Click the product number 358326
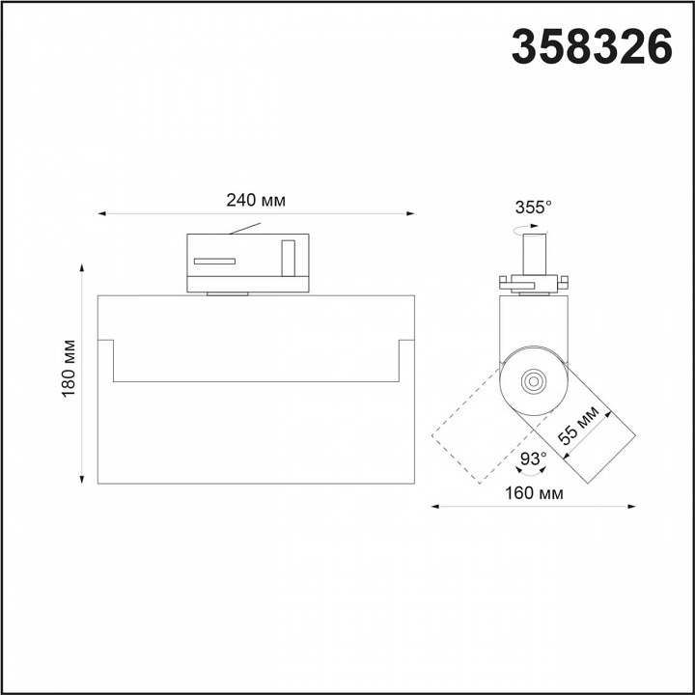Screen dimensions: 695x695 coord(592,46)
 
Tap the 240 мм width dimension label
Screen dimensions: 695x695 coord(256,201)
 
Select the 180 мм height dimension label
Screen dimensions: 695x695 coord(69,369)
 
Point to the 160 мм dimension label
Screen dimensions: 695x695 coord(534,493)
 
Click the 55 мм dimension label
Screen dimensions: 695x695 coord(578,425)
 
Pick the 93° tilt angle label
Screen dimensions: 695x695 coord(533,459)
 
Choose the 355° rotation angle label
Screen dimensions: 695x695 coord(533,207)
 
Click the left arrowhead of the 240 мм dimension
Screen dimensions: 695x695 coord(101,213)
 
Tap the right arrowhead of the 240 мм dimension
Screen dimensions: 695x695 coord(410,213)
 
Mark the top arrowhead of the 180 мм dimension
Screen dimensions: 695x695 coord(81,267)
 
